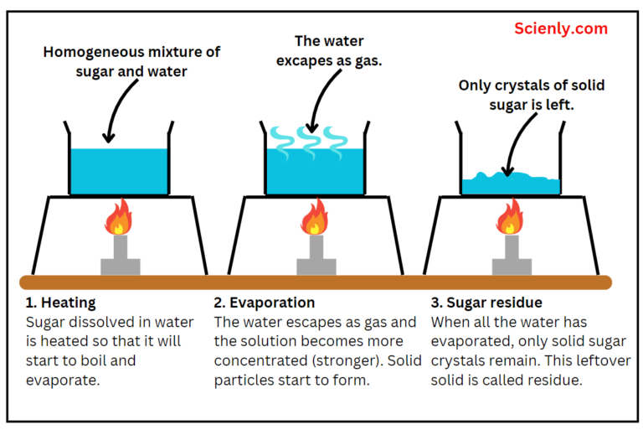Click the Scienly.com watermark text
tap(560, 28)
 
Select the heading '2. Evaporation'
tap(265, 303)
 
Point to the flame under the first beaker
tap(118, 217)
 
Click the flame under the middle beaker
tap(315, 217)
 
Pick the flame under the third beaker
tap(510, 217)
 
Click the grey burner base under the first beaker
tap(120, 265)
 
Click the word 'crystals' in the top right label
tap(521, 85)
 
